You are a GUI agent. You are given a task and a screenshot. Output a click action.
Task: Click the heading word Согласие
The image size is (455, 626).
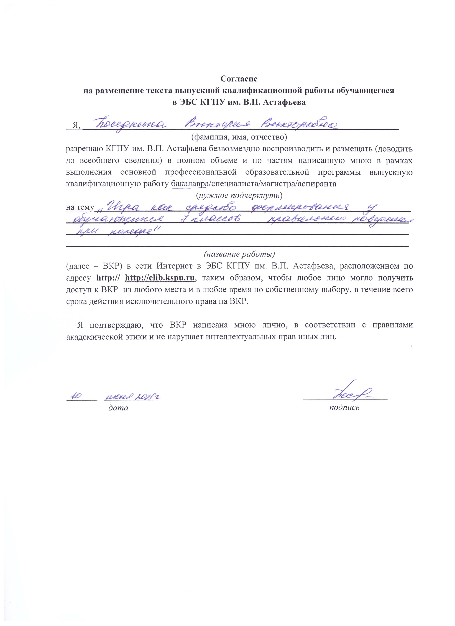click(239, 79)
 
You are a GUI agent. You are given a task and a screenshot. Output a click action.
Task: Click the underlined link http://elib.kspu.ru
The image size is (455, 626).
click(160, 278)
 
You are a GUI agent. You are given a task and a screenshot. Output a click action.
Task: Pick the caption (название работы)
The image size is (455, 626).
click(239, 254)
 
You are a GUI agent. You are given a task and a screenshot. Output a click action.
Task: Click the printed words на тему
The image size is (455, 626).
click(80, 207)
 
